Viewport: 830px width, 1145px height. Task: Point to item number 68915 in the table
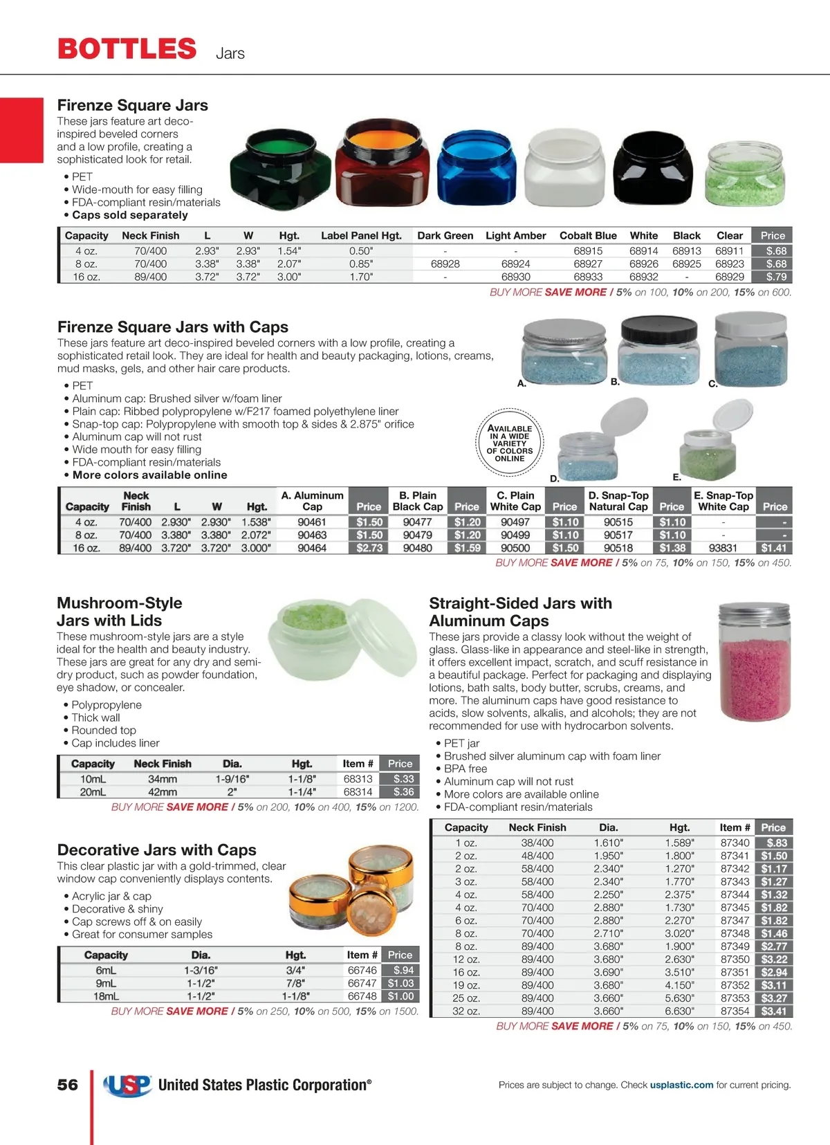pyautogui.click(x=588, y=251)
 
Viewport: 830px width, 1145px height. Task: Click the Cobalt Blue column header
pyautogui.click(x=588, y=235)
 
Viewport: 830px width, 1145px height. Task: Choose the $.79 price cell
pyautogui.click(x=775, y=277)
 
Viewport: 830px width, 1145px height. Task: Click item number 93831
pyautogui.click(x=723, y=548)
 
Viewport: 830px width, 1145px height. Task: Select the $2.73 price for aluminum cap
pyautogui.click(x=369, y=548)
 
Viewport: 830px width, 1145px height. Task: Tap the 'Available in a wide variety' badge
pyautogui.click(x=510, y=443)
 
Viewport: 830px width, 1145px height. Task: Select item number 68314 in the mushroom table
pyautogui.click(x=358, y=792)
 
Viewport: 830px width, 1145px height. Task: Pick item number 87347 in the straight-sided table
pyautogui.click(x=735, y=921)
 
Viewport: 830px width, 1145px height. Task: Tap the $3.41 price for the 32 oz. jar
pyautogui.click(x=773, y=1011)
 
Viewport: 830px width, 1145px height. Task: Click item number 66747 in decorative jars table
pyautogui.click(x=362, y=983)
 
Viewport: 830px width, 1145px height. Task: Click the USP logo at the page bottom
pyautogui.click(x=127, y=1085)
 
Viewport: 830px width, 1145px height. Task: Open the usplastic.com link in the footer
pyautogui.click(x=681, y=1085)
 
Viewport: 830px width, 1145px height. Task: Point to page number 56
pyautogui.click(x=68, y=1085)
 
